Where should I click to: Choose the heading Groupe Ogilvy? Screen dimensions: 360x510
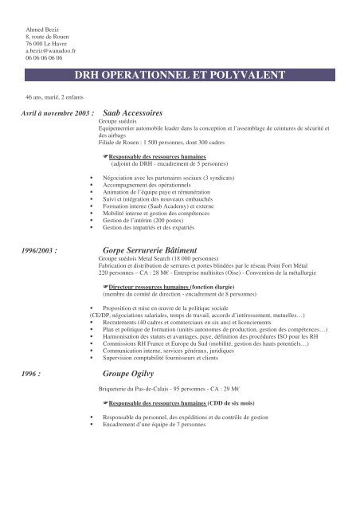coord(132,372)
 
